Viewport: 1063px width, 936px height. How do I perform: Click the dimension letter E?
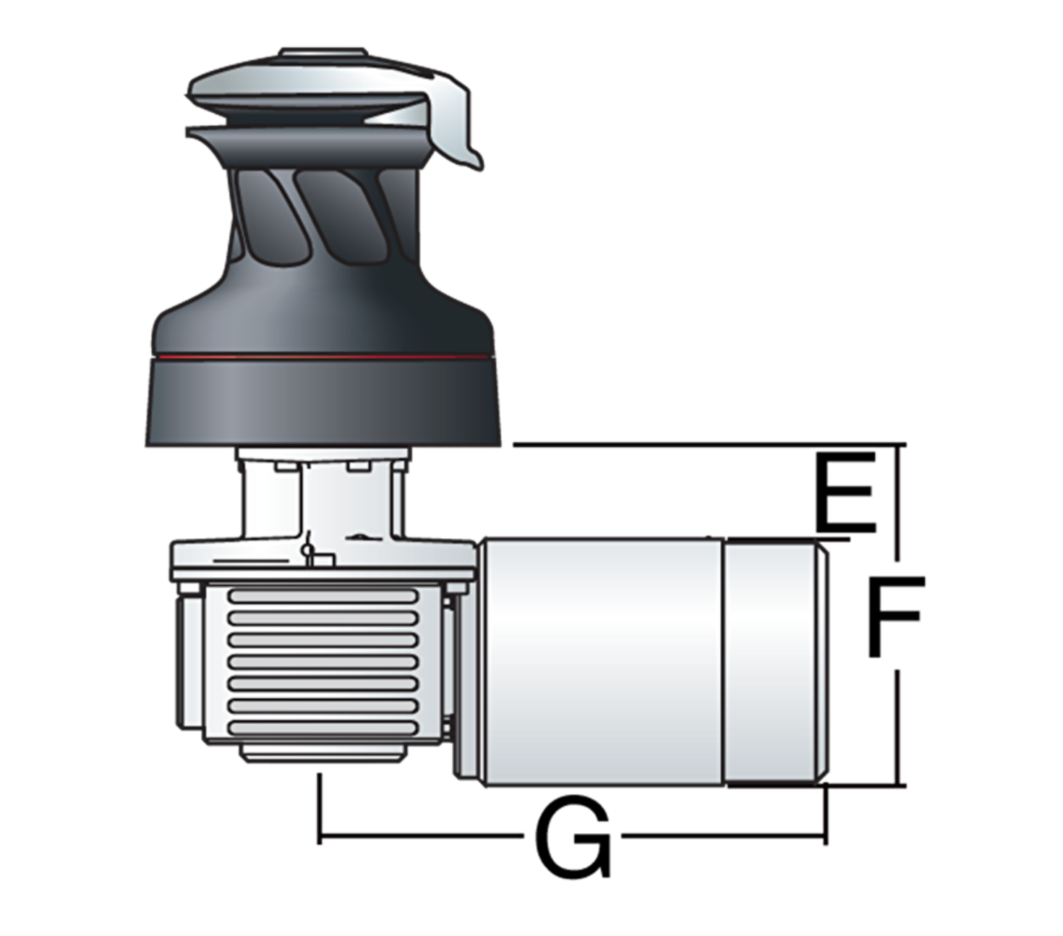coord(845,492)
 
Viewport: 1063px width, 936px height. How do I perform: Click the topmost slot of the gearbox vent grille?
coord(322,595)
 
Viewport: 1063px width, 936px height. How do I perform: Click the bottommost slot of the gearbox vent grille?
coord(322,728)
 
